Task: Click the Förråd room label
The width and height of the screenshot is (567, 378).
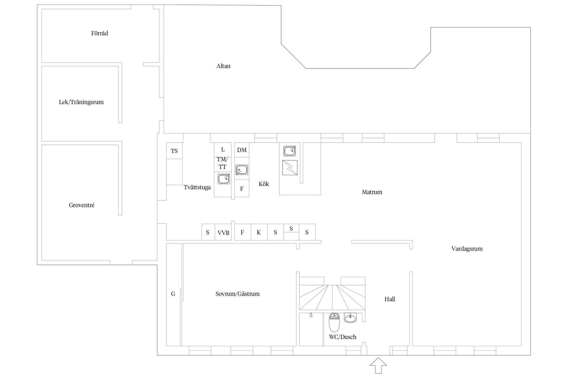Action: coord(100,33)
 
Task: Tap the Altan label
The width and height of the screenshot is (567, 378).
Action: coord(223,66)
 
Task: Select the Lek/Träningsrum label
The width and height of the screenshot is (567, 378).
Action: coord(81,102)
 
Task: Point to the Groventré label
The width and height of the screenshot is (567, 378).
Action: coord(82,205)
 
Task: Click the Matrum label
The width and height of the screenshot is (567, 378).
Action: coord(372,192)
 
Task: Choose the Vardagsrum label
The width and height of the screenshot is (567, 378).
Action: coord(467,249)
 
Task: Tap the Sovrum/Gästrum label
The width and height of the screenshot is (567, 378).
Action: coord(237,294)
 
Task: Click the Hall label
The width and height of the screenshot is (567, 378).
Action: coord(390,299)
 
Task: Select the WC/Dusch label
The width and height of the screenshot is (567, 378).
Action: coord(343,337)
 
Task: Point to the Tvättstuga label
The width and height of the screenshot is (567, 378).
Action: coord(197,188)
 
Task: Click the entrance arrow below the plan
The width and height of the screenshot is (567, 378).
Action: coord(378,366)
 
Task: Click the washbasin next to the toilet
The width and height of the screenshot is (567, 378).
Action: coord(351,318)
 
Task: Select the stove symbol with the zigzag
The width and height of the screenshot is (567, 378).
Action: coord(290,168)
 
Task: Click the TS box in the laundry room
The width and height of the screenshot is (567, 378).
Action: coord(174,151)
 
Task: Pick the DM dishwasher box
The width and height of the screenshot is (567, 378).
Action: coord(242,150)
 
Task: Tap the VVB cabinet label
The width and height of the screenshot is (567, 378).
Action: coord(224,233)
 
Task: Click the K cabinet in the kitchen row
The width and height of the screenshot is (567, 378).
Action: coord(259,232)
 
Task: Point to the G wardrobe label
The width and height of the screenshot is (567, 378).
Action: coord(173,294)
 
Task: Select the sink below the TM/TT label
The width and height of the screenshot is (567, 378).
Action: coord(224,179)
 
